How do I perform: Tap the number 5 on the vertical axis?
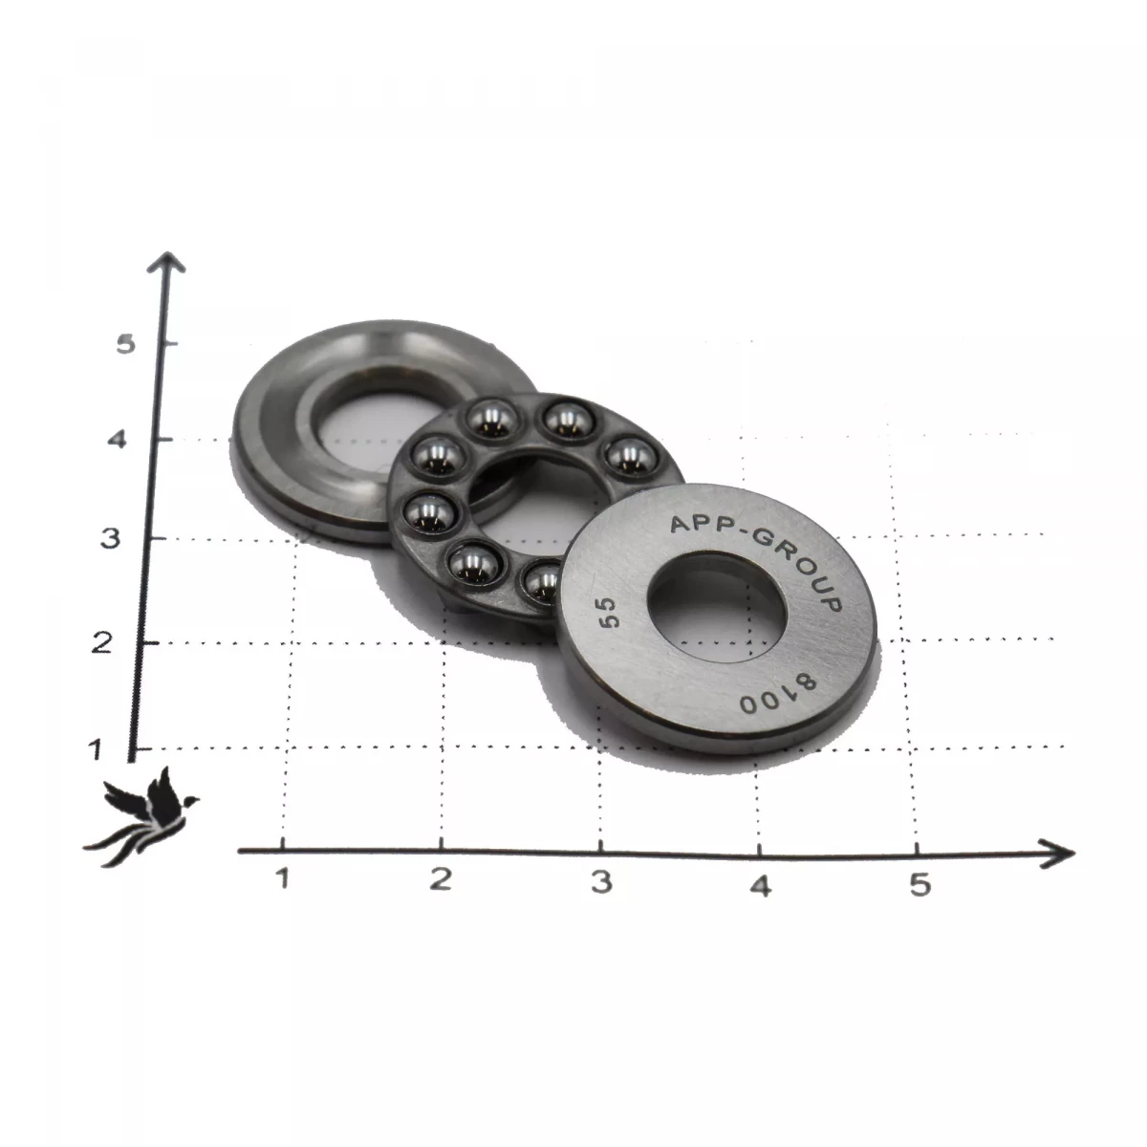tap(125, 344)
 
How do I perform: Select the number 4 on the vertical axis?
tap(117, 440)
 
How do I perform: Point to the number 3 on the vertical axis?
tap(110, 539)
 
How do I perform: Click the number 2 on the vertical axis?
tap(101, 643)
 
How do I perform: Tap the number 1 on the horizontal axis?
tap(282, 877)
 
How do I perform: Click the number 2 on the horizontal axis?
tap(441, 878)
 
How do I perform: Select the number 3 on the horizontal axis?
tap(602, 881)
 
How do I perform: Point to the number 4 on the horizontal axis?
tap(761, 886)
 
